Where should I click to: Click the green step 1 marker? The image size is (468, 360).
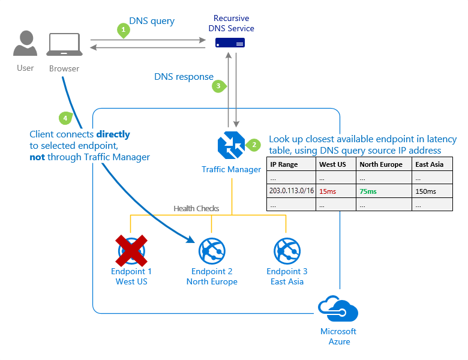123,29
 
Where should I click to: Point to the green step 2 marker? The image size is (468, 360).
254,144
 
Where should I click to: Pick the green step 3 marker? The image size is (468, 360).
218,86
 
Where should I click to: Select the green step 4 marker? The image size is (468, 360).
64,118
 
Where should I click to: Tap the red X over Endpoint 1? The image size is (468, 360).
131,250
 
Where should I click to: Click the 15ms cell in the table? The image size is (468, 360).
328,191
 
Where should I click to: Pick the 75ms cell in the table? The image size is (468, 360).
368,191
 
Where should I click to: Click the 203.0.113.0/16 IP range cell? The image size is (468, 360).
291,191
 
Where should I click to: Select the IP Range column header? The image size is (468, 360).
284,164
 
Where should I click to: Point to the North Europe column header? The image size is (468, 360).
381,164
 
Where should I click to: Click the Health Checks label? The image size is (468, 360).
196,208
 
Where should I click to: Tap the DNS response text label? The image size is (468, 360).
184,76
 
